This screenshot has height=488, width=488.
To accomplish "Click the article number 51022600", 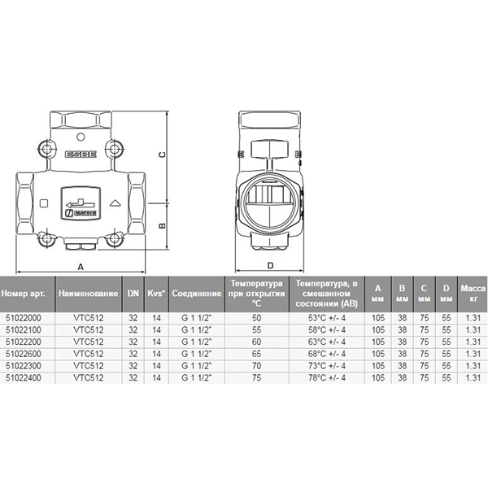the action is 24,354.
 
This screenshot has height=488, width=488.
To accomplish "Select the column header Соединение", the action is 197,294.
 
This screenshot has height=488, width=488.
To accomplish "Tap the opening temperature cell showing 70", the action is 257,366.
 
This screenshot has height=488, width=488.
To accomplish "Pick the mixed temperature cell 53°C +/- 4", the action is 327,318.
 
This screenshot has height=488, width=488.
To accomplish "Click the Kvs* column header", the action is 156,294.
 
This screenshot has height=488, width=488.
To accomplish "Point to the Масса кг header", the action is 473,294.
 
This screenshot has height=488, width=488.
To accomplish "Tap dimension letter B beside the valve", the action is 162,226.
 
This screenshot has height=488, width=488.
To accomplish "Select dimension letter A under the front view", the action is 81,267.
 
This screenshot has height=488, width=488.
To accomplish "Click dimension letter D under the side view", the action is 270,265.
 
